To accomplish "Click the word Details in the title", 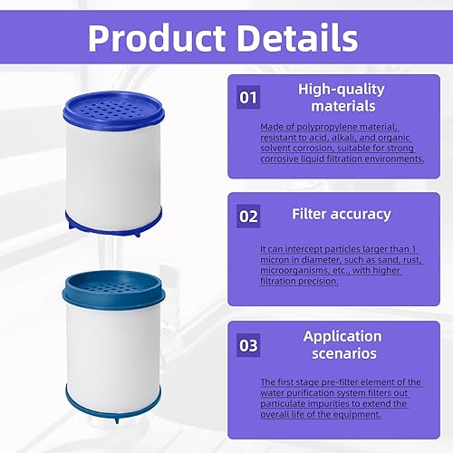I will click(299, 38).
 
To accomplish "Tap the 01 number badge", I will click(248, 96).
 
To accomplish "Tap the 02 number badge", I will click(248, 216).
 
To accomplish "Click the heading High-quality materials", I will click(341, 98).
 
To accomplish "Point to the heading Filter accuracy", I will click(341, 215).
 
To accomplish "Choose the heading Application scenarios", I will click(341, 344).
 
